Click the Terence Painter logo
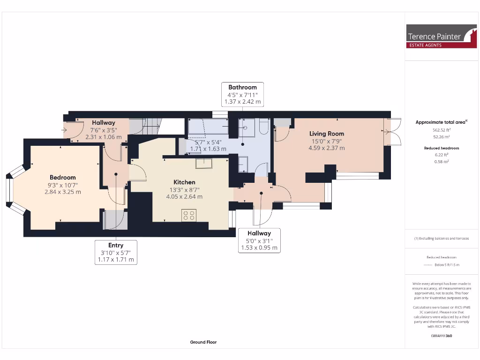click(442, 36)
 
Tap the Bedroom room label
click(63, 177)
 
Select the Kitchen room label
click(184, 182)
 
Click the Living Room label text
click(327, 134)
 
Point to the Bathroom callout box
click(242, 94)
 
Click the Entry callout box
click(116, 252)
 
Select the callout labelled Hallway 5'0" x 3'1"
click(259, 240)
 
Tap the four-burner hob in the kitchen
click(189, 215)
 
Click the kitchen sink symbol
click(204, 163)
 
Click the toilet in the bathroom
click(263, 127)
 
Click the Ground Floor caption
click(203, 342)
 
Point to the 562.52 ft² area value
click(441, 130)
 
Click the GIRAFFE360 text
click(441, 336)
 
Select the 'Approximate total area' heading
click(441, 122)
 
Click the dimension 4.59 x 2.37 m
click(327, 148)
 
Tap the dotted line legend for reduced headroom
click(427, 265)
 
